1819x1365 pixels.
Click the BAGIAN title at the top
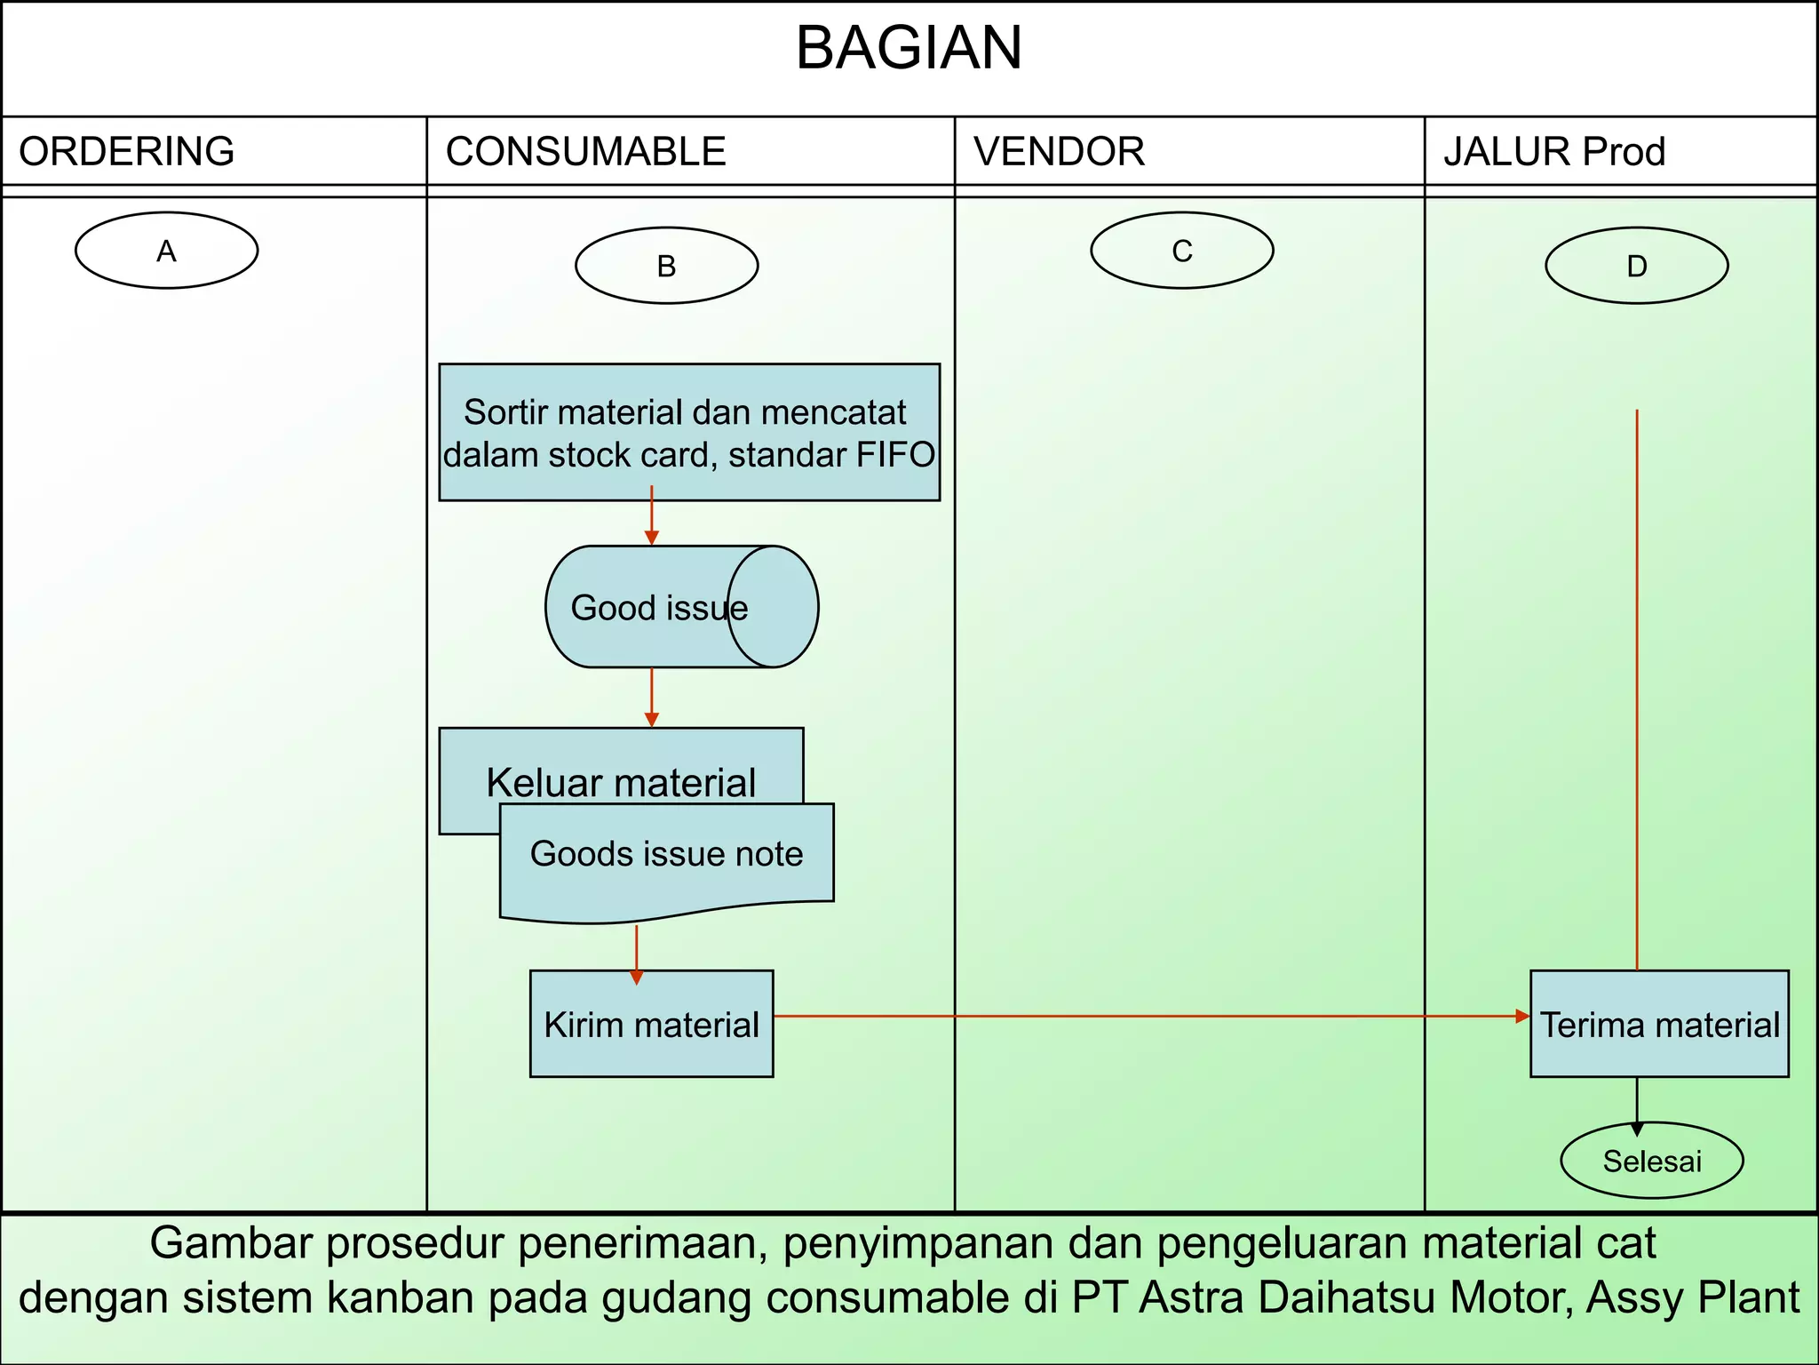(909, 48)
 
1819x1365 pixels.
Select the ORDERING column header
(126, 151)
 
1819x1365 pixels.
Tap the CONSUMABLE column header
(585, 151)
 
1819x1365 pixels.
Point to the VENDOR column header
(1059, 151)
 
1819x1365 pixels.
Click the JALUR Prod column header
(1553, 151)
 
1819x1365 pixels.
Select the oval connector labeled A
(166, 251)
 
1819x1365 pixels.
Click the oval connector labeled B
(666, 266)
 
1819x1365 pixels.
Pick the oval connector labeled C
(1181, 251)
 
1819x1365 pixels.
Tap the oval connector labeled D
(1636, 266)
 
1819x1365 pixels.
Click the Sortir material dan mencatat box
(689, 432)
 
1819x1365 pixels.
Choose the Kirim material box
(651, 1024)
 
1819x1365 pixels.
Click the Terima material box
(1658, 1024)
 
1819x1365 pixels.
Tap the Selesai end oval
(1651, 1161)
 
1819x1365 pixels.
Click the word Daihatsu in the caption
(1340, 1297)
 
